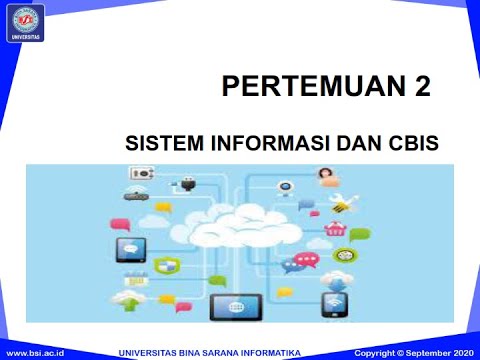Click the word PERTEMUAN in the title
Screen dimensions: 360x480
(x=309, y=87)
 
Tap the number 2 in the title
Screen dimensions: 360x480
(x=422, y=87)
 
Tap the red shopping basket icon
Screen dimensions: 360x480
(x=335, y=231)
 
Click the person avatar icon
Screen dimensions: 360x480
(x=325, y=177)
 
